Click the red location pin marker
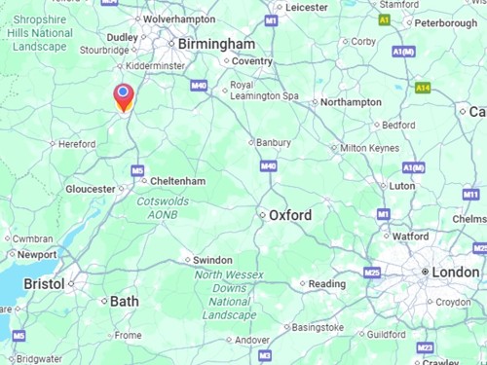(124, 96)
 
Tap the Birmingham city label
(217, 44)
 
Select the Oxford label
(290, 215)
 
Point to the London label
(456, 272)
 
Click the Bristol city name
(44, 283)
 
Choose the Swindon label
(212, 260)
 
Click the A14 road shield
(423, 88)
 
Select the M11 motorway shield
(471, 195)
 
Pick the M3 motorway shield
(265, 356)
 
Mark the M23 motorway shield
(425, 347)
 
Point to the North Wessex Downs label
(227, 288)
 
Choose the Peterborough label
(445, 21)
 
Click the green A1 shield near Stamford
(384, 19)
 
